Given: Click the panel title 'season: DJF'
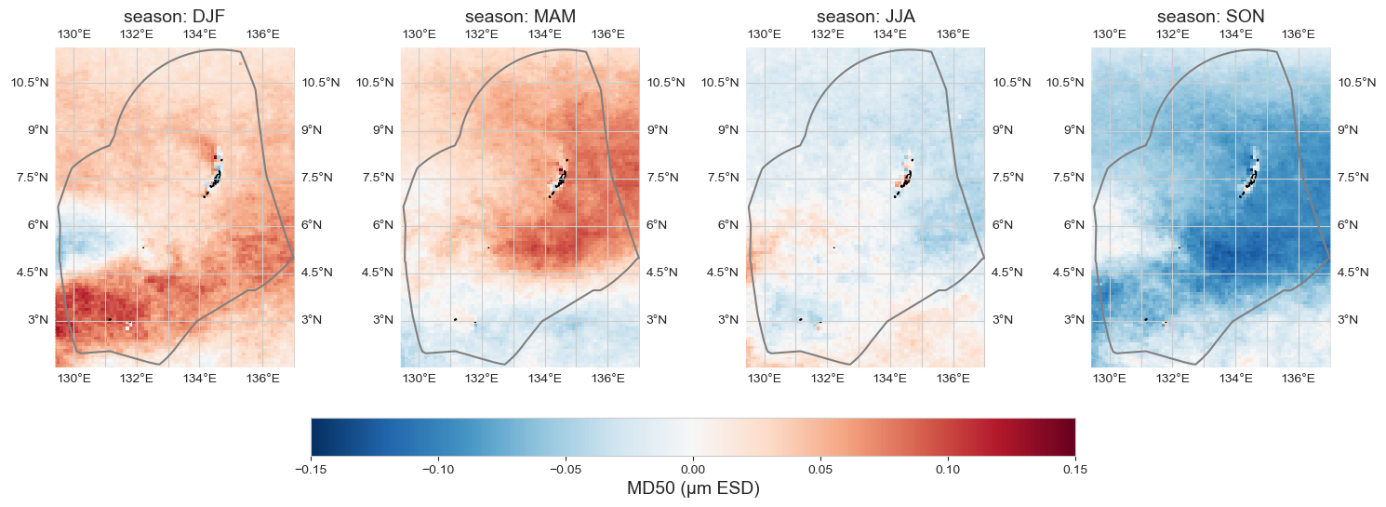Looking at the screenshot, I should (175, 17).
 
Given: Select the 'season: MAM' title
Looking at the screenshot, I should (520, 17).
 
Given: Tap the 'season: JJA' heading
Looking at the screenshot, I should (865, 17).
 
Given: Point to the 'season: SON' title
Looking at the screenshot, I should (1210, 17).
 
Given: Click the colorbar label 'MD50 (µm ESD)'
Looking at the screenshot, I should (693, 488).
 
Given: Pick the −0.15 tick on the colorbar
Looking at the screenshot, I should (311, 468).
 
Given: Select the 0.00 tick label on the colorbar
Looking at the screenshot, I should (693, 468).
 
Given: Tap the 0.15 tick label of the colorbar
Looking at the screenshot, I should (1075, 468).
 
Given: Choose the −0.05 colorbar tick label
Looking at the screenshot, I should (566, 468).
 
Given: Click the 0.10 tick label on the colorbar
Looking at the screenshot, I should (948, 468).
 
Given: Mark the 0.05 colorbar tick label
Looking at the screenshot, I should (820, 468).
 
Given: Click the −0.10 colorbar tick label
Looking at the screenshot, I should (438, 468).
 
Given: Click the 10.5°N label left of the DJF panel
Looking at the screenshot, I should (29, 83).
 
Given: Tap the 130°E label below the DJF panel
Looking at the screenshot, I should (73, 379).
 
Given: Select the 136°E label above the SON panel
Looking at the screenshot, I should (1299, 34).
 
